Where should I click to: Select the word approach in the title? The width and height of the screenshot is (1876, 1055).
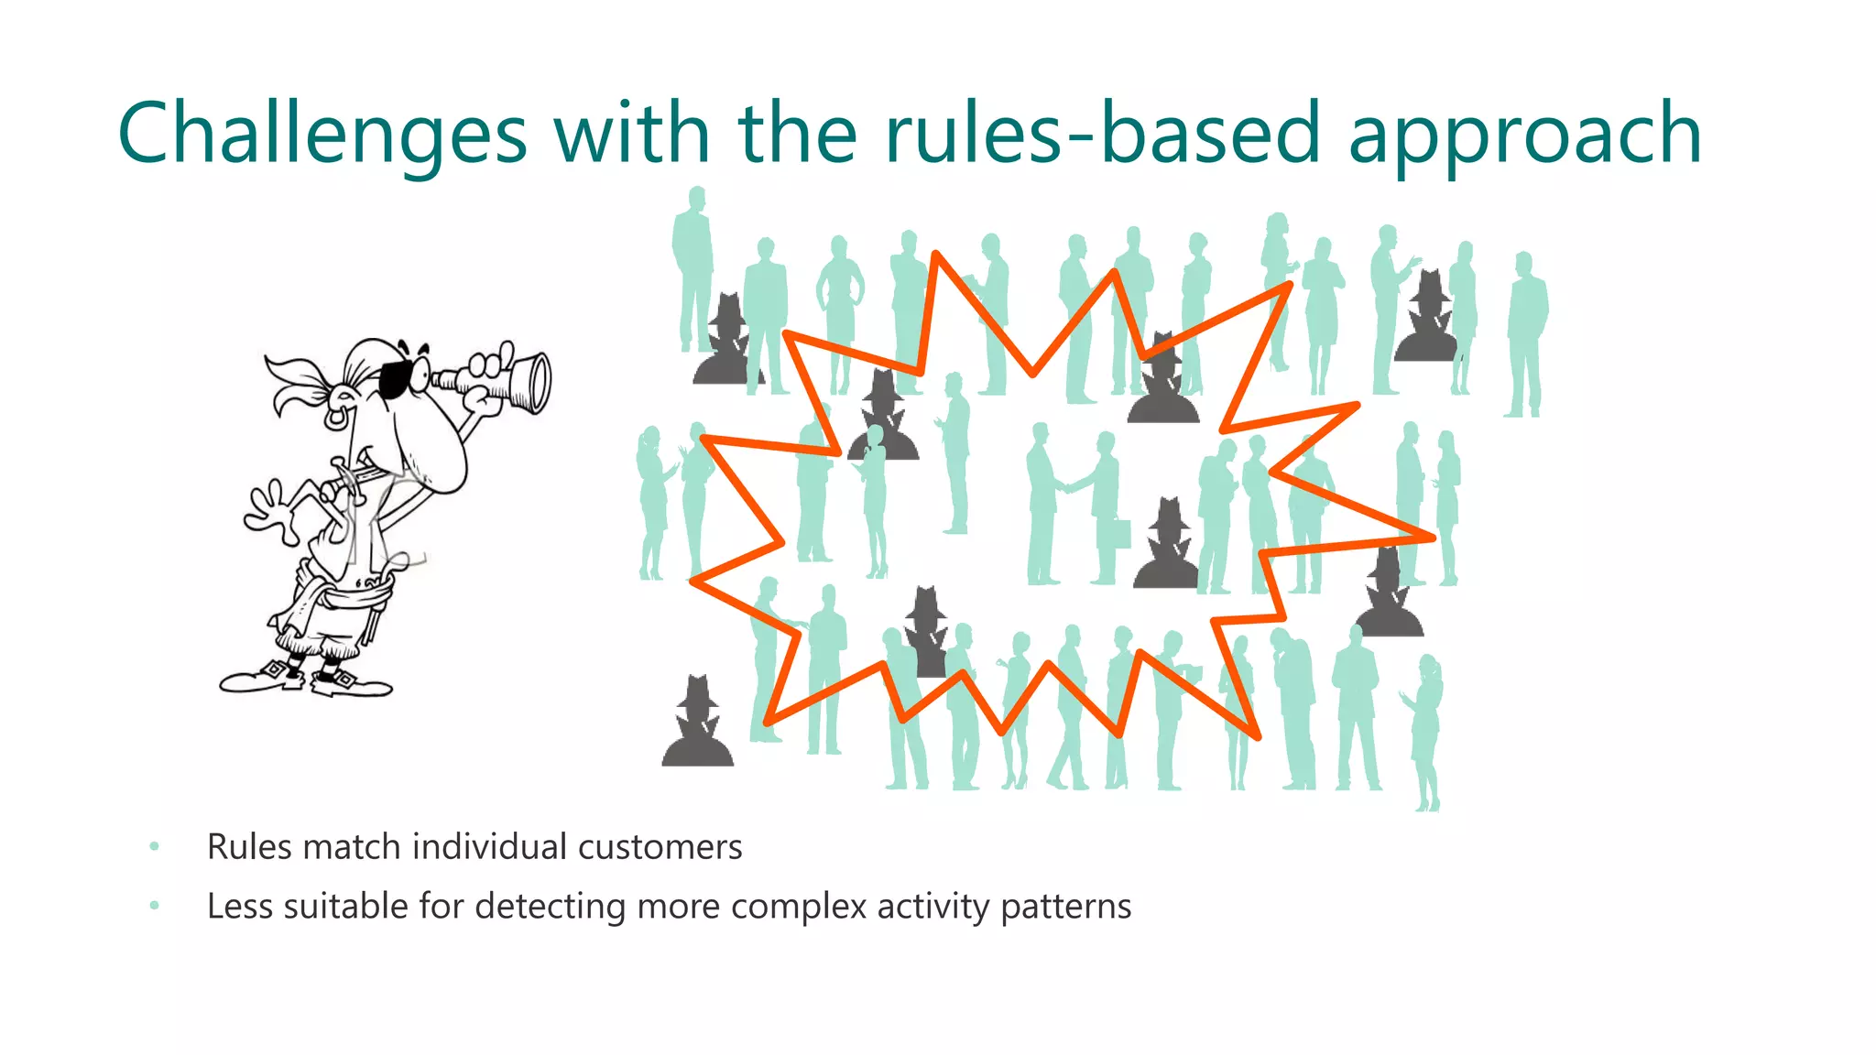click(1524, 137)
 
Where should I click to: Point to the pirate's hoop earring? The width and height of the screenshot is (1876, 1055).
click(336, 417)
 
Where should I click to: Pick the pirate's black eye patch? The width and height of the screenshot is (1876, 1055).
click(396, 378)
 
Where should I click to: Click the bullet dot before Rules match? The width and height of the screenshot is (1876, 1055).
click(155, 847)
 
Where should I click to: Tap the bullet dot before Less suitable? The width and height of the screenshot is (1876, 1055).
click(155, 907)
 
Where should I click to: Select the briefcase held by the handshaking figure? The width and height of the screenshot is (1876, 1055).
click(1119, 534)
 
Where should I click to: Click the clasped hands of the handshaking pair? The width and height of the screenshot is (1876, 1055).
click(1068, 484)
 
